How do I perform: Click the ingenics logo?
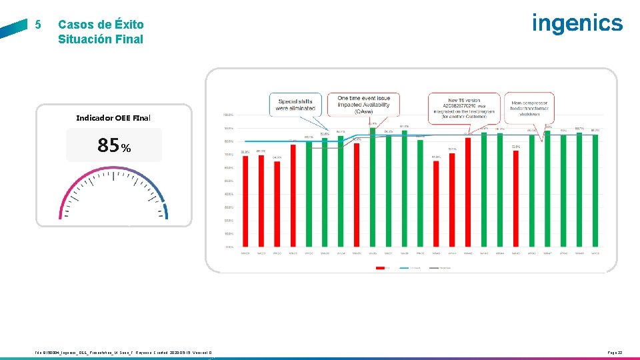[577, 23]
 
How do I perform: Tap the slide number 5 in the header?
[38, 25]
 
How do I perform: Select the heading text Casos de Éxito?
[101, 25]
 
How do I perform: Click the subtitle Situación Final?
[101, 39]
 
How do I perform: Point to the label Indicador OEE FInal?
[113, 118]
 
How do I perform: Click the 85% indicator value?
[114, 145]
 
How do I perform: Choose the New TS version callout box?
[464, 105]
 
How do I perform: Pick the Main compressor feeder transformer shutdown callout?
[529, 104]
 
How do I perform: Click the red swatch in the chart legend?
[382, 268]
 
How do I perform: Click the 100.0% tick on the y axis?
[227, 115]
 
